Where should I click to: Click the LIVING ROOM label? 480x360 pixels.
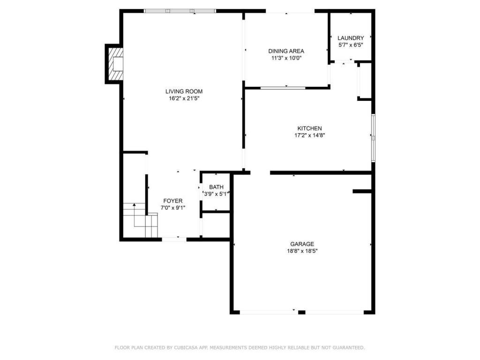[x=184, y=91]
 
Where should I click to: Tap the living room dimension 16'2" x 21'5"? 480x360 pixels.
[x=184, y=98]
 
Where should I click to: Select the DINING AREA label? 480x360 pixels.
[x=286, y=51]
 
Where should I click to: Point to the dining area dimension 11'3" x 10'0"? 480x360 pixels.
[x=286, y=58]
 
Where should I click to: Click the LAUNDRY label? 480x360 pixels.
[x=351, y=38]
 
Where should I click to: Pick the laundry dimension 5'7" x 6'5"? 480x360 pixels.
[x=351, y=45]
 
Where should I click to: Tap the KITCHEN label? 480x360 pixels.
[x=309, y=128]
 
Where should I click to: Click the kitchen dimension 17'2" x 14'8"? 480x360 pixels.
[x=309, y=135]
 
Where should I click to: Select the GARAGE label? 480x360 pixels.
[x=302, y=244]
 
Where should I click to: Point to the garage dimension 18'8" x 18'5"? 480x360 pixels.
[x=302, y=251]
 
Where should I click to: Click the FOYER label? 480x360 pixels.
[x=172, y=201]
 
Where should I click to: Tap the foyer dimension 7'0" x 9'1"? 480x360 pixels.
[x=172, y=208]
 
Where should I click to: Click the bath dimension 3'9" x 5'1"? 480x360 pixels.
[x=216, y=194]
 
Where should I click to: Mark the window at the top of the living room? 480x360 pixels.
[x=180, y=11]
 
